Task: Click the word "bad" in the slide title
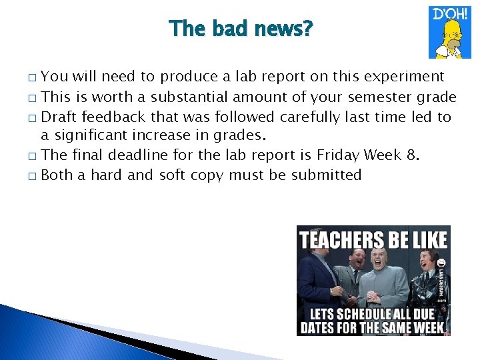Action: pyautogui.click(x=226, y=29)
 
